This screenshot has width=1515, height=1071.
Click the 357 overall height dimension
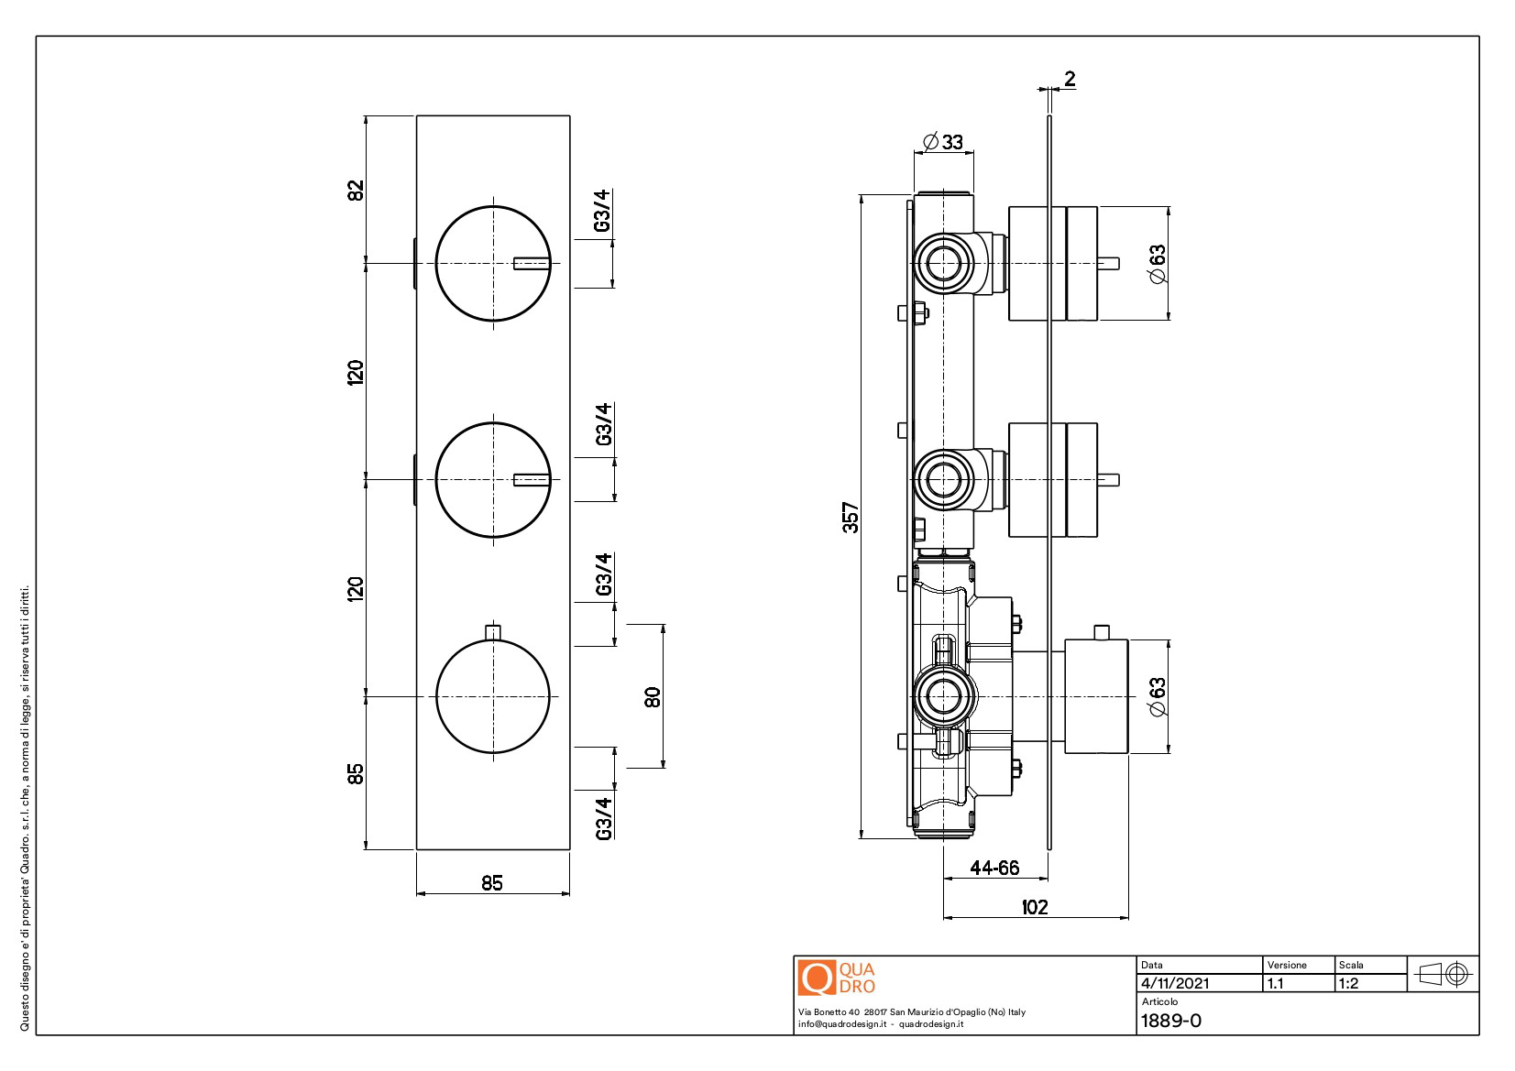[851, 517]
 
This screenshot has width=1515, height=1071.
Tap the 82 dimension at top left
[356, 191]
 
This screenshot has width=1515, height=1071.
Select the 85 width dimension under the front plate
[492, 882]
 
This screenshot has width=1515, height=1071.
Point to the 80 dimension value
[653, 697]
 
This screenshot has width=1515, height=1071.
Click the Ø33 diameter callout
[943, 141]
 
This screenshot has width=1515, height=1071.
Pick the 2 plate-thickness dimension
[1069, 79]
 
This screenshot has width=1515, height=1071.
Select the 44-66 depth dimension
[994, 868]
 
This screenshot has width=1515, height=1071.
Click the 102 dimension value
[1034, 907]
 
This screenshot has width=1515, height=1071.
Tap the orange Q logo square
[816, 978]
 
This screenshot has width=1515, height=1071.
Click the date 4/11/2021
[1175, 983]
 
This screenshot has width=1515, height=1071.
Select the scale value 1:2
[1348, 983]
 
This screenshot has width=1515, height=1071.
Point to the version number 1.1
[1275, 983]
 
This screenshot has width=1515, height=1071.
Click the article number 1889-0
[1170, 1021]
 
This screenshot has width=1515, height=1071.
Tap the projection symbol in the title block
[1444, 974]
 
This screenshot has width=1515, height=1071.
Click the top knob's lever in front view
[532, 264]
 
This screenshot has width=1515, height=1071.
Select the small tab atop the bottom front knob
[493, 632]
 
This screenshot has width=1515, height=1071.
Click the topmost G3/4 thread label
[601, 211]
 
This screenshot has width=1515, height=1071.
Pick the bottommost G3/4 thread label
[603, 818]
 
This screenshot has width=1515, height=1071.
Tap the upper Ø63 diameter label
[1158, 264]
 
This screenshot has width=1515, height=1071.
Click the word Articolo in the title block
[1159, 1001]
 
